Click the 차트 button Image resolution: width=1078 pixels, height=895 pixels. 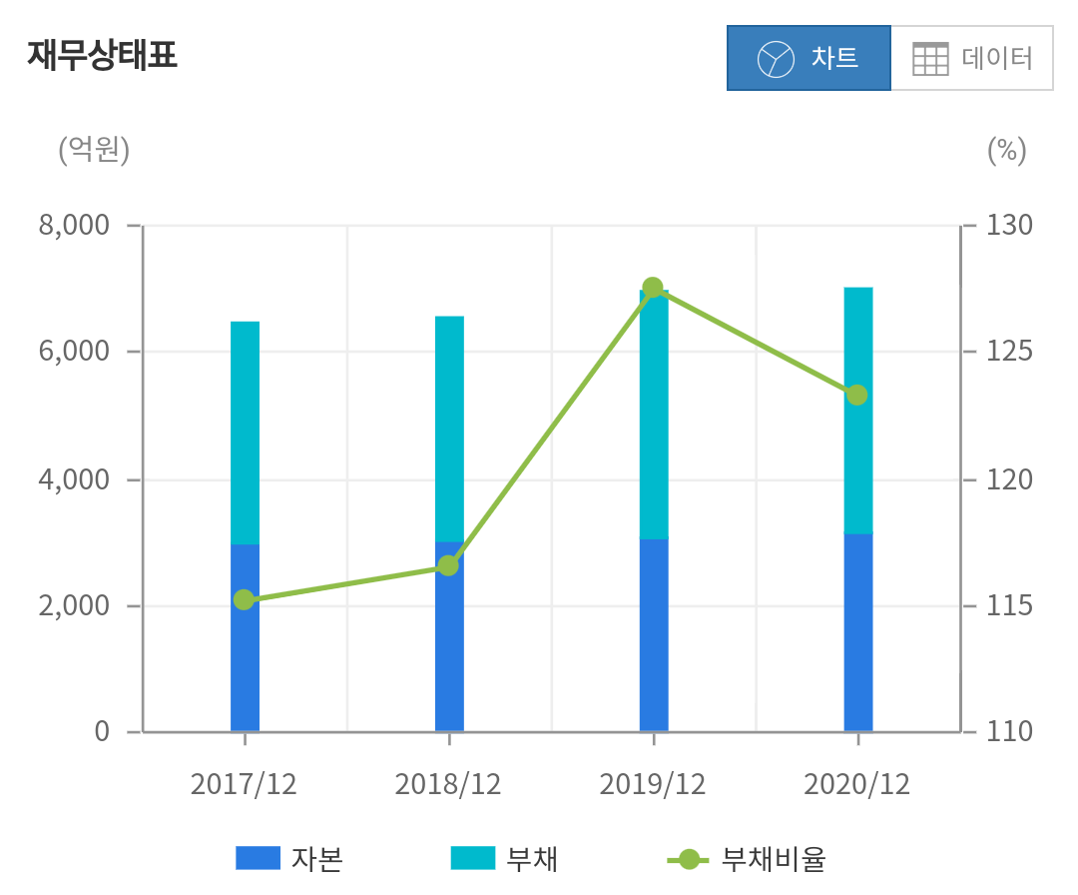(x=808, y=58)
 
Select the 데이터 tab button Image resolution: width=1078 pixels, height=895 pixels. (x=972, y=58)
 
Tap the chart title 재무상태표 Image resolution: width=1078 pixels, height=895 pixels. (x=102, y=55)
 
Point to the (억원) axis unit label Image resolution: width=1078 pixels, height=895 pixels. (x=94, y=150)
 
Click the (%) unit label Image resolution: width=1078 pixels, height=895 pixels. (x=1006, y=150)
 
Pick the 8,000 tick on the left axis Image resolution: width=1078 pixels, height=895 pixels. (x=74, y=226)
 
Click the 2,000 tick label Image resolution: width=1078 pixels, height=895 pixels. (x=74, y=606)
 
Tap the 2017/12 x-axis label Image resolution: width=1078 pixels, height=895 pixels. (x=244, y=784)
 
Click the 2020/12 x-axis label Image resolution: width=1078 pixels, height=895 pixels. (x=857, y=784)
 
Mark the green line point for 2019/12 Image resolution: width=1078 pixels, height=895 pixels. (x=653, y=288)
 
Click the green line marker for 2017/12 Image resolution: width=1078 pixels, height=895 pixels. (x=245, y=599)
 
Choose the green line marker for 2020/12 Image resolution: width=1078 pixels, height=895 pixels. (x=857, y=395)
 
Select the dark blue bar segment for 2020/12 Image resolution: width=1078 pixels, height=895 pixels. (x=858, y=633)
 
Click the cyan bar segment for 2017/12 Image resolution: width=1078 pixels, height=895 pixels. (x=245, y=433)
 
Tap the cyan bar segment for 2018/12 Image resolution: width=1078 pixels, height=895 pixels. (x=449, y=429)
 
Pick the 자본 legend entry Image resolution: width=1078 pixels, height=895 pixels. (x=289, y=858)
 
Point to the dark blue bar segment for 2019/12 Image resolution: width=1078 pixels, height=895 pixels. (x=654, y=635)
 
